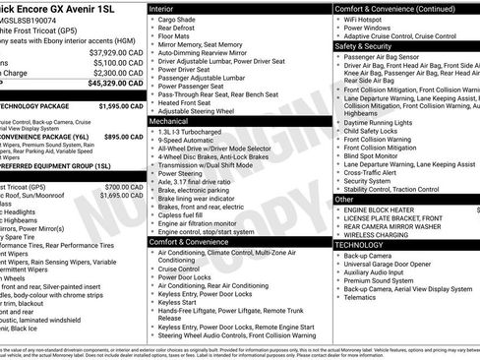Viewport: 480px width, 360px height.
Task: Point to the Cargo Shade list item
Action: tap(178, 19)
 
